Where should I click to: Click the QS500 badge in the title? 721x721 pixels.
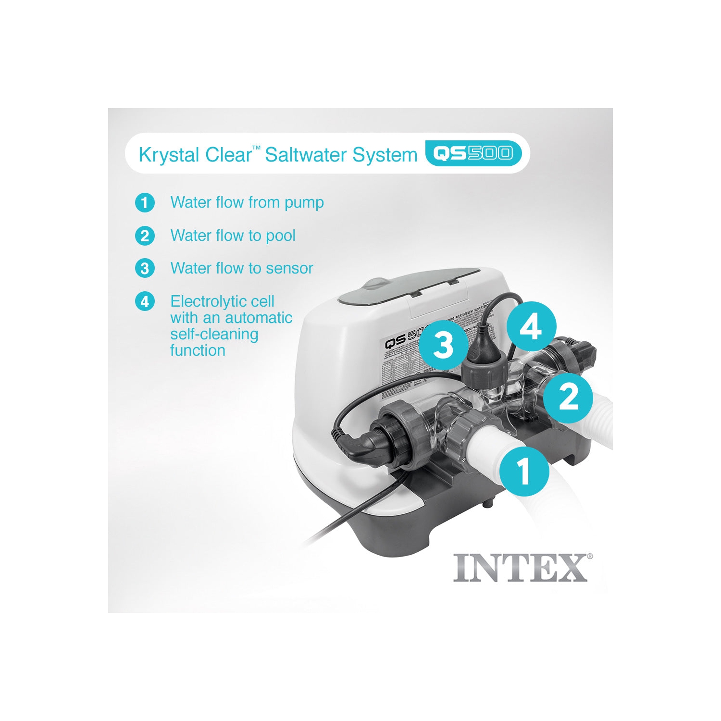tap(473, 153)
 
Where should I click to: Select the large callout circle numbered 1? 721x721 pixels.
tap(524, 471)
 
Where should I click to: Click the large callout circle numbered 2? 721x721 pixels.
tap(569, 398)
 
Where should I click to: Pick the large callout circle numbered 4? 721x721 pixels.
tap(531, 327)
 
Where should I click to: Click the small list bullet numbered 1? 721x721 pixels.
tap(145, 203)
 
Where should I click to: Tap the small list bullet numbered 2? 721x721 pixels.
tap(145, 236)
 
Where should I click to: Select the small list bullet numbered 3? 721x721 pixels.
tap(145, 268)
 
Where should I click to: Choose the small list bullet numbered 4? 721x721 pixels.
tap(145, 302)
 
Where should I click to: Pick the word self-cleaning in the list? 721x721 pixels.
tap(214, 334)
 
